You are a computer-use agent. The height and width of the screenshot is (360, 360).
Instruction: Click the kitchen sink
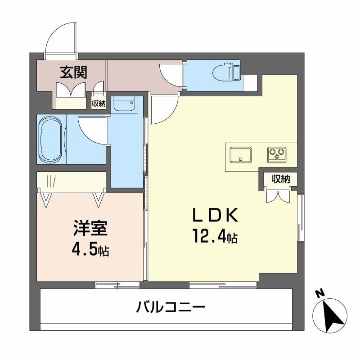coord(242,154)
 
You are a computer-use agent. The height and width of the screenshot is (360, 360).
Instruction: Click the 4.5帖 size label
coord(90,249)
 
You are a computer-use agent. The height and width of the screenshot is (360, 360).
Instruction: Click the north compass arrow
coord(333,315)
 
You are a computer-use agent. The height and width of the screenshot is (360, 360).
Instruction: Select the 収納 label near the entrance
coord(99,103)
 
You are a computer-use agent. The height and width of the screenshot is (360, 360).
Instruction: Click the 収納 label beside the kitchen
coord(280,179)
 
